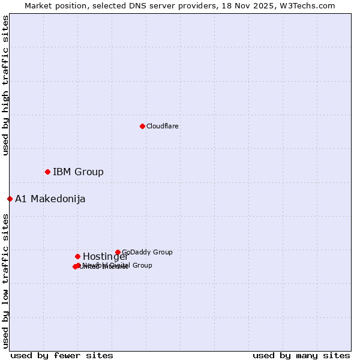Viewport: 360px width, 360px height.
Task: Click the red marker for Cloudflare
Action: (142, 126)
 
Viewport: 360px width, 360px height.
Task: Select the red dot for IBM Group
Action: (47, 172)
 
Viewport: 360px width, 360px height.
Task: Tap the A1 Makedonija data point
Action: (10, 199)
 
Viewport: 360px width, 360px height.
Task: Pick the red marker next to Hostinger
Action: (77, 256)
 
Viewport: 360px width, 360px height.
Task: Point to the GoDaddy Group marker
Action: (118, 253)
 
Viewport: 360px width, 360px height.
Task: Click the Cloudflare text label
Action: (163, 127)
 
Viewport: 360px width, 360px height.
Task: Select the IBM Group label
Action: (78, 172)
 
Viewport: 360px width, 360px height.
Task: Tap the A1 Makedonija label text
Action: (50, 199)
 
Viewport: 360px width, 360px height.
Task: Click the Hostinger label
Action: (105, 257)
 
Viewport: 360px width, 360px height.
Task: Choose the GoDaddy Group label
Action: (147, 253)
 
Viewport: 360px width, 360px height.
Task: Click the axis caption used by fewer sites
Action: (62, 355)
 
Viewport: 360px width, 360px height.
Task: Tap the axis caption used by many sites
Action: (301, 355)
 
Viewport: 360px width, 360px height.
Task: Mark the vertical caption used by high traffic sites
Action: (5, 86)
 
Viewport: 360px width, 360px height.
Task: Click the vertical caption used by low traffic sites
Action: (5, 281)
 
